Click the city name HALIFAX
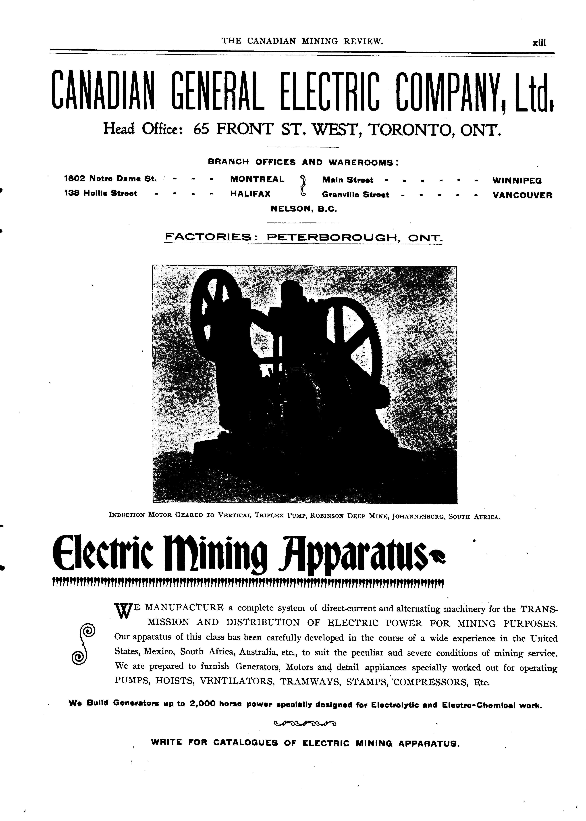click(250, 194)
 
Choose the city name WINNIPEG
click(517, 181)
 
